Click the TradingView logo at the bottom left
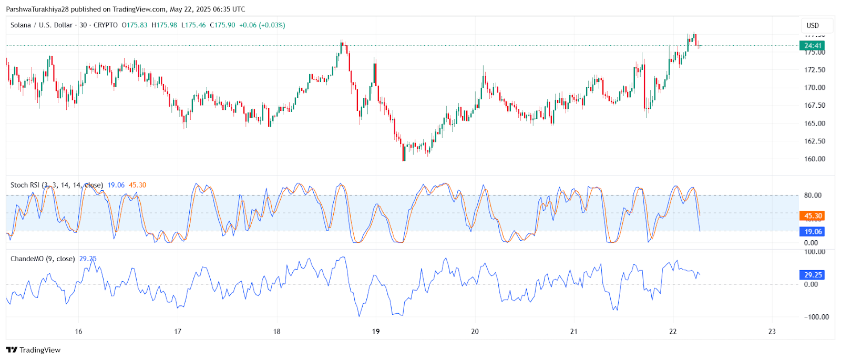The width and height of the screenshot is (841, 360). tap(34, 350)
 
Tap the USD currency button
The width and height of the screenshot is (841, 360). tap(813, 25)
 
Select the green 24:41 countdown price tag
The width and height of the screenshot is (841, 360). tap(813, 46)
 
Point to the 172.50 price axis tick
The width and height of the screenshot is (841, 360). tap(814, 70)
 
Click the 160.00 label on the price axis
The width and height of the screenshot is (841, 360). tap(814, 159)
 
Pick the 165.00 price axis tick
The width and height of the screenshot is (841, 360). tap(814, 124)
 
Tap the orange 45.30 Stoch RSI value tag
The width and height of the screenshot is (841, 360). tap(813, 216)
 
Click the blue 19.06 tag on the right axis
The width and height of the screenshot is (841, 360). tap(813, 232)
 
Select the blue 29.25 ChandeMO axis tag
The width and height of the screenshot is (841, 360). tap(813, 275)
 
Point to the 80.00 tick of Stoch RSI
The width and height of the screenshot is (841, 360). tap(813, 196)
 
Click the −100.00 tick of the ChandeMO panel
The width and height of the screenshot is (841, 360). tap(816, 317)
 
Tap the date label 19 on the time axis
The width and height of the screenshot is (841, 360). tap(376, 331)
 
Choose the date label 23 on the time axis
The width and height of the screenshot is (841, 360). tap(772, 331)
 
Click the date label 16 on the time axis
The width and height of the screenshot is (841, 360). tap(78, 331)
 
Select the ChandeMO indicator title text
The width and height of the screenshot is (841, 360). tap(43, 259)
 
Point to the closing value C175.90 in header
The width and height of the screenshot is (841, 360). tap(222, 25)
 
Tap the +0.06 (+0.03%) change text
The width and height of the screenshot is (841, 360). tap(262, 25)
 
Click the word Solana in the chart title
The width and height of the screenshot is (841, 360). tap(20, 25)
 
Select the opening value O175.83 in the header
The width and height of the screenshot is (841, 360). tap(135, 25)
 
